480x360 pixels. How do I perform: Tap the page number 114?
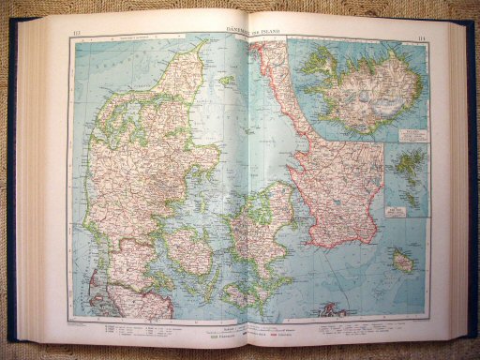pos(422,37)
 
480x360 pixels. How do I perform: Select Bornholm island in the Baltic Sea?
pos(404,263)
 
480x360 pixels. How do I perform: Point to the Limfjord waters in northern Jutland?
pos(141,103)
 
